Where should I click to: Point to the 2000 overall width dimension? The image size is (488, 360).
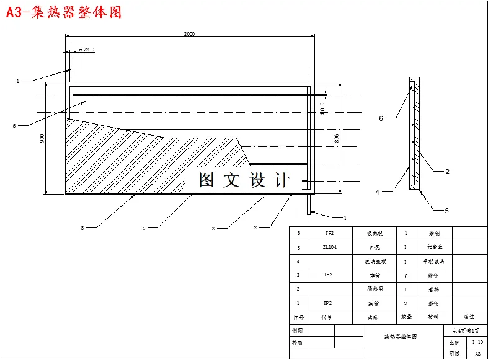coord(189,34)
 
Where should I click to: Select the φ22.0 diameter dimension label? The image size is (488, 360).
coord(87,50)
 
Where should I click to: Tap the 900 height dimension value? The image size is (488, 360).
coord(42,138)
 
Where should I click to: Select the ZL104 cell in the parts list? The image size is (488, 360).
coord(329,247)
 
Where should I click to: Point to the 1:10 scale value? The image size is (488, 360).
coord(477,341)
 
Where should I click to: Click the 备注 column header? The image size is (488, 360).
coord(469,317)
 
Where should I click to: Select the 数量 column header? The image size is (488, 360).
coord(406,317)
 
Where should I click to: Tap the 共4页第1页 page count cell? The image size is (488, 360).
coord(464,331)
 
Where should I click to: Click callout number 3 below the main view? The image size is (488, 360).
coord(213,229)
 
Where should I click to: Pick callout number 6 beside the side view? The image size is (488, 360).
coord(381,118)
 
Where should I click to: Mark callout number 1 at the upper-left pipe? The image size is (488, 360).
coord(18,81)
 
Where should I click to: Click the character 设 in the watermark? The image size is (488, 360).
coord(257,180)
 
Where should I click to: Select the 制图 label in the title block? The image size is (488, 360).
coord(298,331)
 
